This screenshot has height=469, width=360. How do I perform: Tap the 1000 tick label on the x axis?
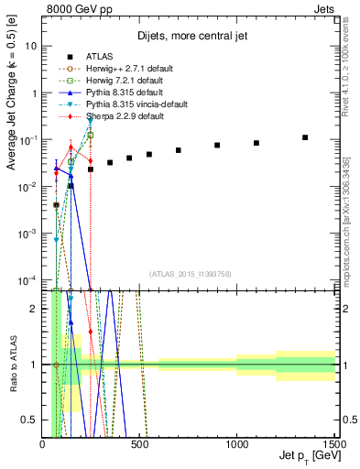point(237,444)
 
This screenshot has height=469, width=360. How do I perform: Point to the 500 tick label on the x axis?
point(139,444)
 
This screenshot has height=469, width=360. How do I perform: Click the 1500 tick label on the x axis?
point(333,444)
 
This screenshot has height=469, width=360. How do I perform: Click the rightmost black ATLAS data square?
point(305,137)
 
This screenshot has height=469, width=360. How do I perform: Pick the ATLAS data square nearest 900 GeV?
point(217,146)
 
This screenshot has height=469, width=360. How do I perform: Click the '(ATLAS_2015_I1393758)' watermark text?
point(190,273)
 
